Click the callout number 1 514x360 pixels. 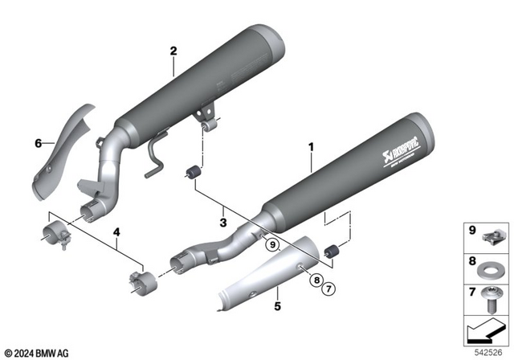point(311,147)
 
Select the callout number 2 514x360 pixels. point(173,51)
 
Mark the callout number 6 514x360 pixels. point(37,143)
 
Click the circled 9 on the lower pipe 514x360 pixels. point(272,243)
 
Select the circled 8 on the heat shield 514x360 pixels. point(316,279)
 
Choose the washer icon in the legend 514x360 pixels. point(490,264)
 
